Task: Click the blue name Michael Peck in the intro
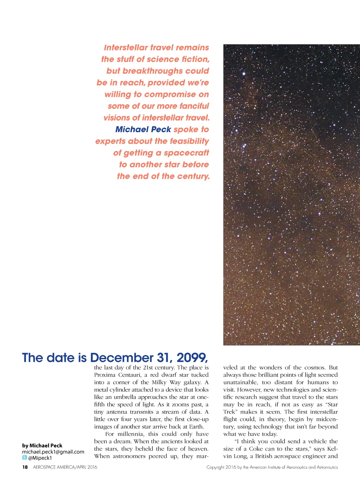pos(143,129)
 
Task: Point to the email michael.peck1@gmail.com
pos(53,452)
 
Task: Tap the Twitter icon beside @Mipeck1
pos(25,458)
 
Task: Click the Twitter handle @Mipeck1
pos(40,458)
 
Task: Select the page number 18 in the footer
pos(25,467)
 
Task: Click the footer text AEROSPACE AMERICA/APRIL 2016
pos(65,467)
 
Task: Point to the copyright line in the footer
pos(272,467)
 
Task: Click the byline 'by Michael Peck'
pos(42,445)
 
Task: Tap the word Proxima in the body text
pos(104,375)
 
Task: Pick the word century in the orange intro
pos(193,176)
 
